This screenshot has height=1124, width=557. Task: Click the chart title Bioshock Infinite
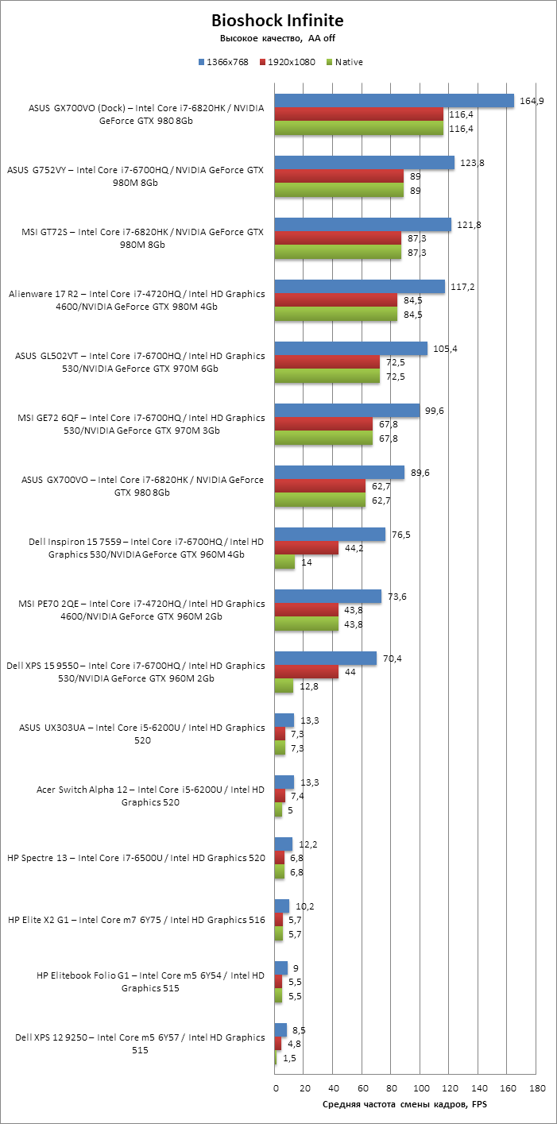coord(278,20)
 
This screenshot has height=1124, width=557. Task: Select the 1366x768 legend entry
coord(226,62)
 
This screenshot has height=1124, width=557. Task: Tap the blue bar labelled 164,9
coord(394,100)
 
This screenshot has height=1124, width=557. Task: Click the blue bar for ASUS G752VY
coord(365,162)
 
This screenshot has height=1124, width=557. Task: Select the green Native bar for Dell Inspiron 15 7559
coord(284,562)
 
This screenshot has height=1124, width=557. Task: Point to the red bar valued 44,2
coord(307,548)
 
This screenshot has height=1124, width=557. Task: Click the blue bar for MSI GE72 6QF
coord(347,410)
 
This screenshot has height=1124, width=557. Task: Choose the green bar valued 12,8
coord(284,686)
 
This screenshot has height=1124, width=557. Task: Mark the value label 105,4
coord(443,349)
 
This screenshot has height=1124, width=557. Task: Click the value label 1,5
coord(289,1057)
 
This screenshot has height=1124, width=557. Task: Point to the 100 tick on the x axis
coord(420,1087)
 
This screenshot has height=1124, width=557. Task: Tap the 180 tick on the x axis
coord(536,1087)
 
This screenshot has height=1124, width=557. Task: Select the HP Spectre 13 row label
coord(136,858)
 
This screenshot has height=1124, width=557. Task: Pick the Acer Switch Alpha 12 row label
coord(150,796)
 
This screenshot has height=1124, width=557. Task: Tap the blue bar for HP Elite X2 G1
coord(282,906)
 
